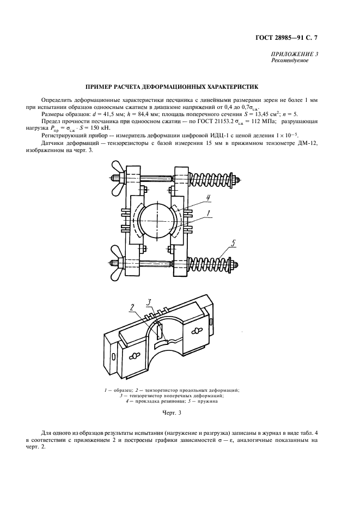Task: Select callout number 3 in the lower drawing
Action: [150, 301]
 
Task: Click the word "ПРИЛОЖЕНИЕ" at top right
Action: [291, 54]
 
